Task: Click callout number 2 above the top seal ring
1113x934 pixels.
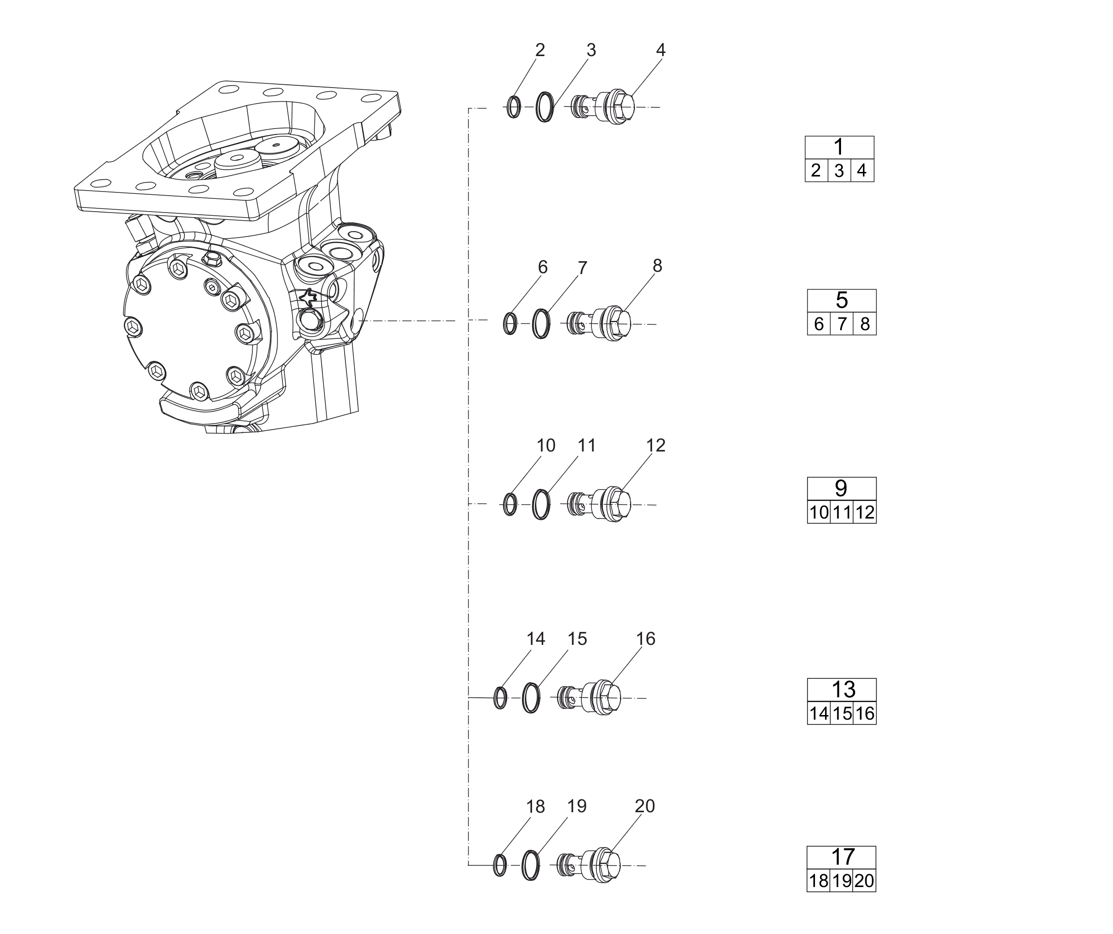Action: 540,50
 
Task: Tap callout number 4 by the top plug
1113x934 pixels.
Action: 660,50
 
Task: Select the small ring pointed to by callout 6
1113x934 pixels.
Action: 510,324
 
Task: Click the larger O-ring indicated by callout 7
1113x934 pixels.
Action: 541,324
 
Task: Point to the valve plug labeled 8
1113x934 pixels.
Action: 599,324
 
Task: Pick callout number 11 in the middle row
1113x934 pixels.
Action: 587,446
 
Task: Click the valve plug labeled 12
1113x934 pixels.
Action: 599,505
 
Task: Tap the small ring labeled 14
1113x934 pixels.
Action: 500,698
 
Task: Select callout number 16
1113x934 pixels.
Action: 646,639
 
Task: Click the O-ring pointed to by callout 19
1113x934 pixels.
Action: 531,866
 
